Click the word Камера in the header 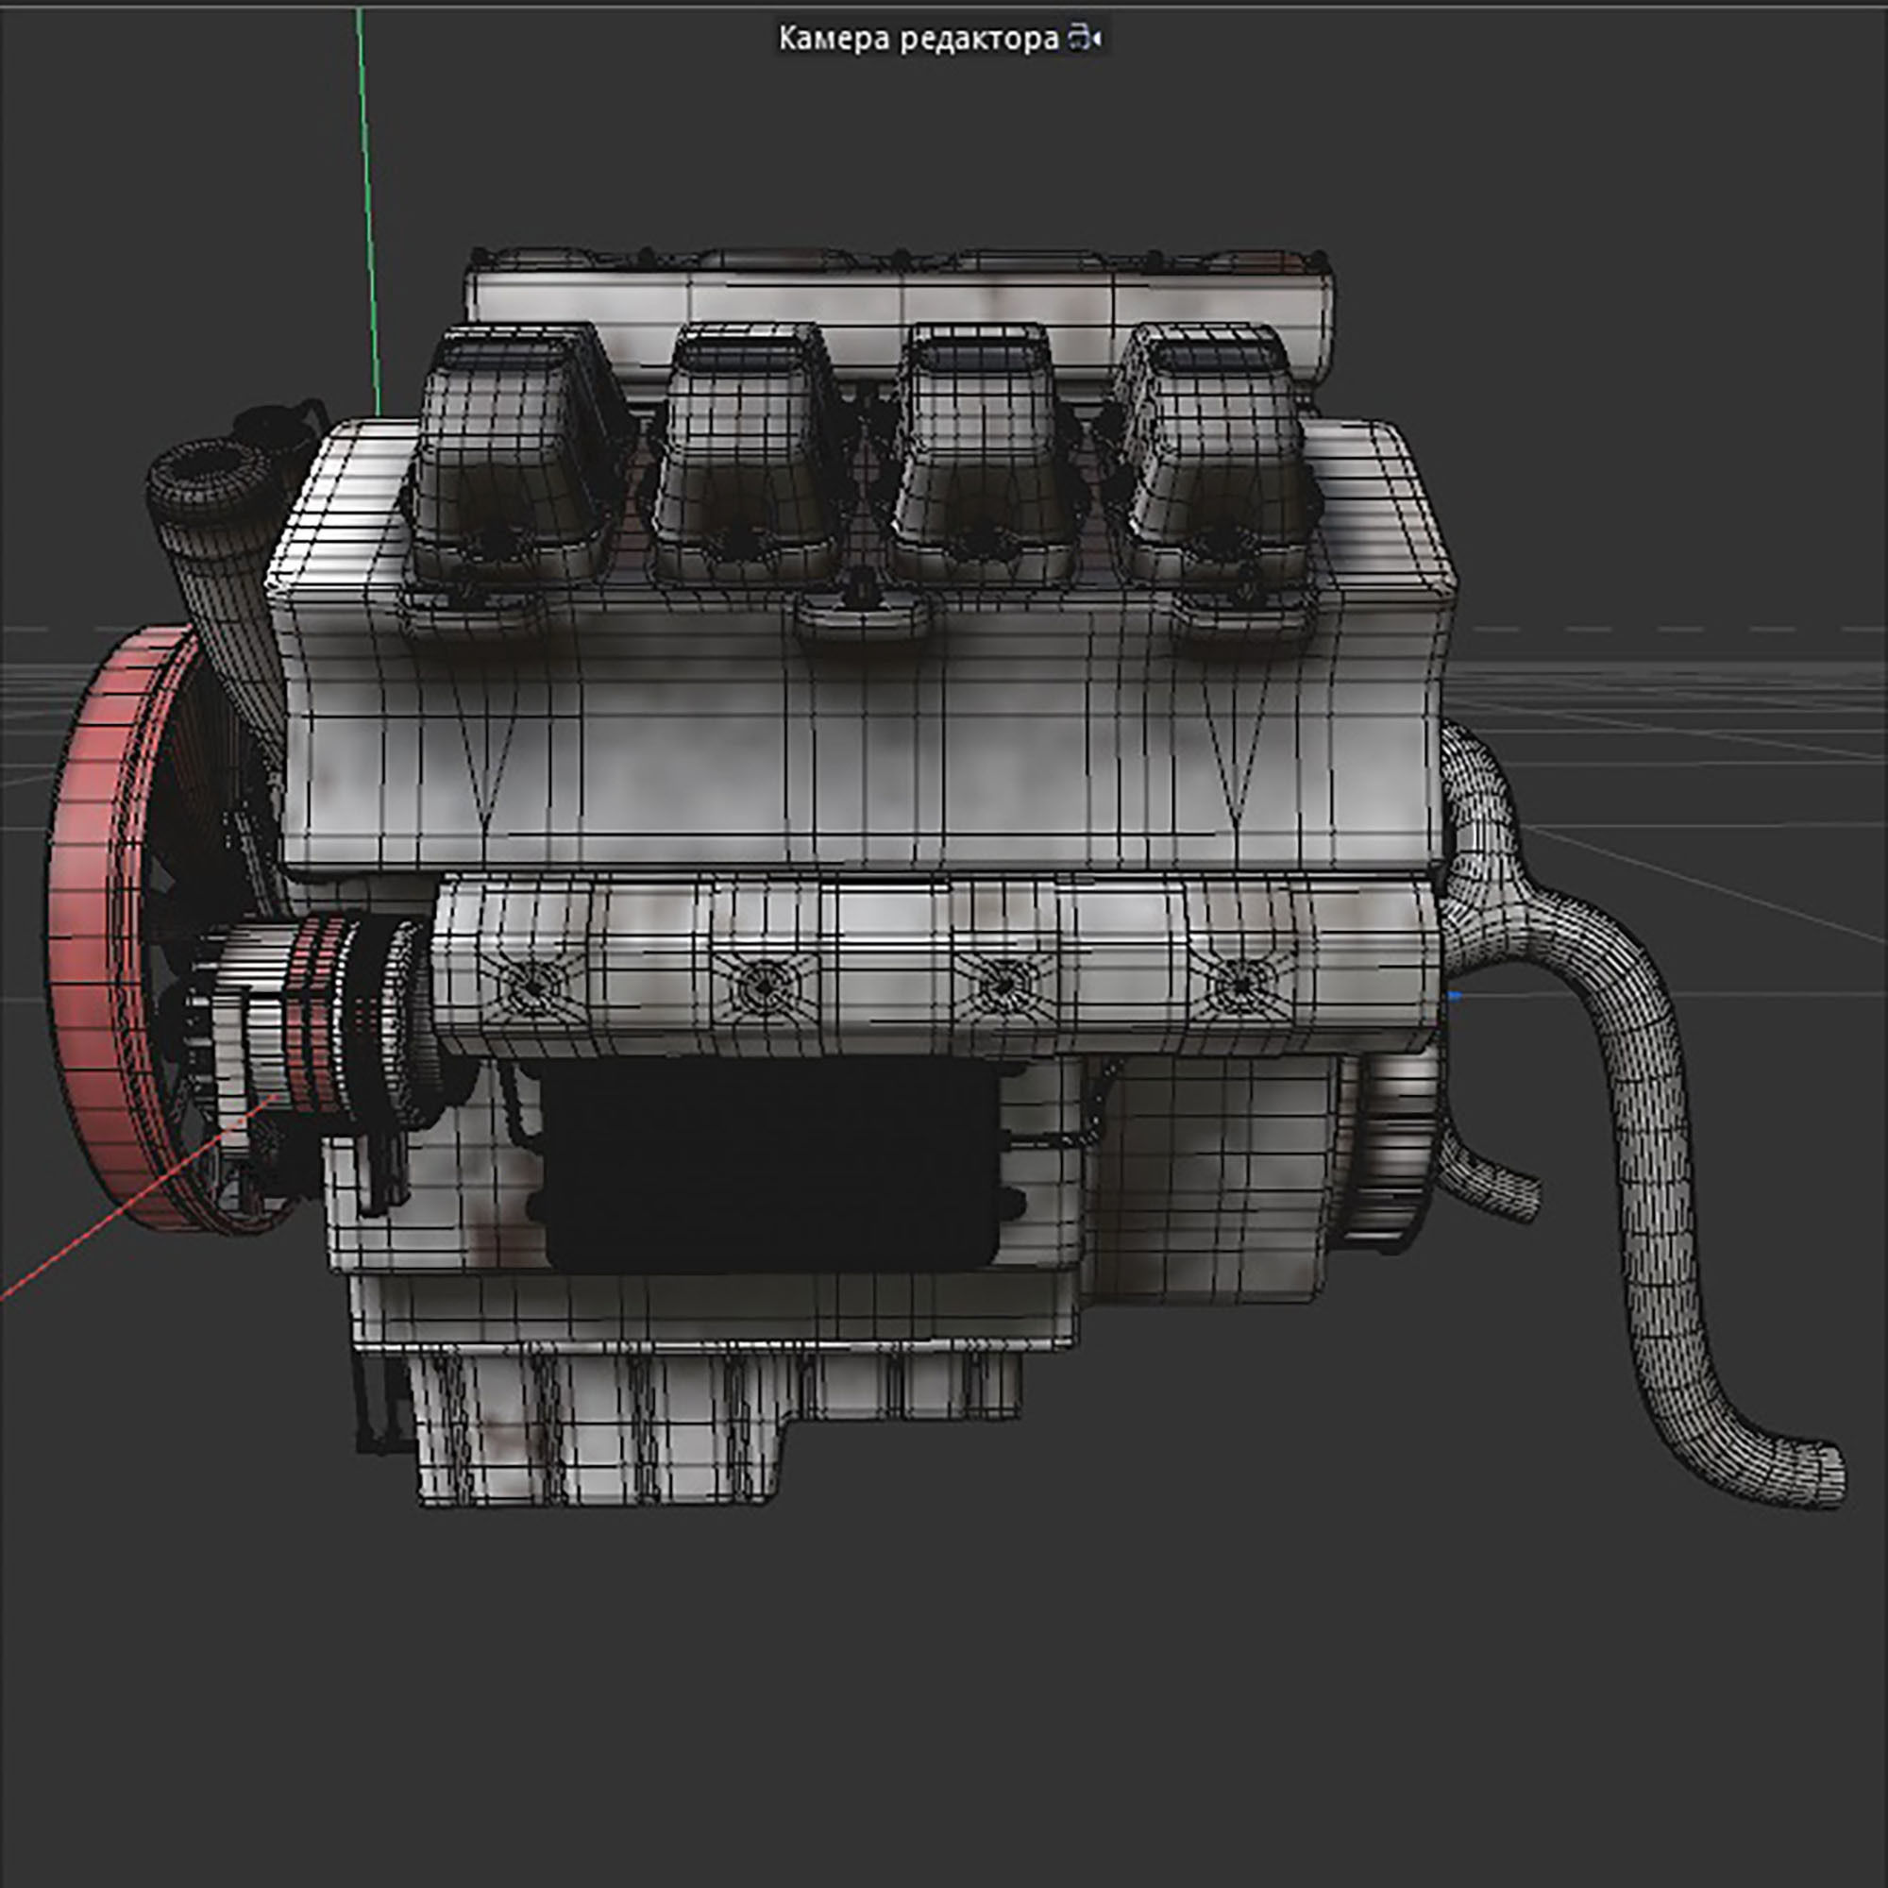pyautogui.click(x=834, y=39)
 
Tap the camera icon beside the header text pyautogui.click(x=1084, y=39)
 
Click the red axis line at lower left pyautogui.click(x=117, y=1212)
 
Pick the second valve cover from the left pyautogui.click(x=748, y=460)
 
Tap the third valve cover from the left pyautogui.click(x=977, y=460)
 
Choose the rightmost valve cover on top pyautogui.click(x=1212, y=460)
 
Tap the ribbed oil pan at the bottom pyautogui.click(x=606, y=1417)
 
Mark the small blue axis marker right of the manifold pyautogui.click(x=1455, y=996)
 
